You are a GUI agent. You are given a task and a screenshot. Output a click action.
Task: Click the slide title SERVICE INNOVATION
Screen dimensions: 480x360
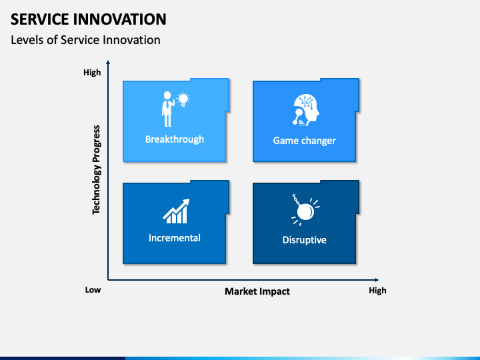89,19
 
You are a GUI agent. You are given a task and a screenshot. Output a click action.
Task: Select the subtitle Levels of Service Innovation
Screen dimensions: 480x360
85,40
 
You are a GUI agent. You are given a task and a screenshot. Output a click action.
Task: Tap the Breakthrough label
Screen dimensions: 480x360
175,139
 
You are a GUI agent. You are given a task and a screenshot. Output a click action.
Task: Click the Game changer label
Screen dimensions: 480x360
304,141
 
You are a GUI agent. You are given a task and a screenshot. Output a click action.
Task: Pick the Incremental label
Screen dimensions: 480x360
175,238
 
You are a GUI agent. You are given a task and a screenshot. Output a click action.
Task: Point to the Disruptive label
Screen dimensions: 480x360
304,240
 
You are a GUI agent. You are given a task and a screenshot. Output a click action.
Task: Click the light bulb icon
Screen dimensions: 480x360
183,99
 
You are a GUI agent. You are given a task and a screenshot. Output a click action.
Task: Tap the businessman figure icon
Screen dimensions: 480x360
168,109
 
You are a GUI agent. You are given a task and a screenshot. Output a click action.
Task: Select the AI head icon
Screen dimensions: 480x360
305,110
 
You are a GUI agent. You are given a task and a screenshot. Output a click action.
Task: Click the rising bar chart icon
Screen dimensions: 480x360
176,211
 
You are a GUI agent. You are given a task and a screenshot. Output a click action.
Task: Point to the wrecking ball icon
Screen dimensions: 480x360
305,210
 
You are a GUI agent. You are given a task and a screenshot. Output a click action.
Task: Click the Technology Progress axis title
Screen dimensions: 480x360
96,169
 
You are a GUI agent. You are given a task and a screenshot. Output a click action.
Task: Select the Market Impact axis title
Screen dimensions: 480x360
257,291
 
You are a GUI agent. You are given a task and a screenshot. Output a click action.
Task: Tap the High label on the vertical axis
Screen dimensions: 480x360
92,73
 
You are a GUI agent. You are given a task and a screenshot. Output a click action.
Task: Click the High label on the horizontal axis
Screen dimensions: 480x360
377,290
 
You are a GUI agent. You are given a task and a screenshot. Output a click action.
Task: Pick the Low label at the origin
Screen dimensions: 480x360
93,289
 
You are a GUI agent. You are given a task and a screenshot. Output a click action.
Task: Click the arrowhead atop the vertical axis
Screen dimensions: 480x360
108,63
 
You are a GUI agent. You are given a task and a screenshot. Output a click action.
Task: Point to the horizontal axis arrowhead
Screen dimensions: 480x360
377,280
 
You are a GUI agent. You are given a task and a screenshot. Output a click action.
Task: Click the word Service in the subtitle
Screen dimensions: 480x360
80,40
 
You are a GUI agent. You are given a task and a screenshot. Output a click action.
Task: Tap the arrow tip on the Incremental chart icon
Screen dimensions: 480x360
189,199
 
